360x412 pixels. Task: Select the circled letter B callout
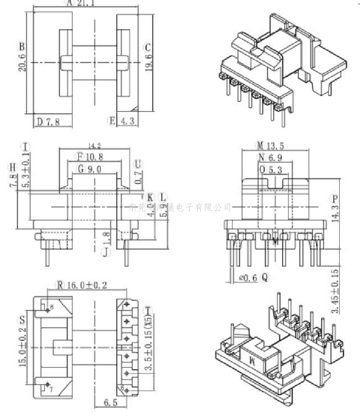pos(21,46)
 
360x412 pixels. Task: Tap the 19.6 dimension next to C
pos(148,62)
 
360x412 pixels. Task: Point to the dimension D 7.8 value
pos(53,122)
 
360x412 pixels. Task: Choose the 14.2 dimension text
pos(95,145)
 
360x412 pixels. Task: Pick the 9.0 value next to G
pos(95,168)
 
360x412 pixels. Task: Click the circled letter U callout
pos(138,164)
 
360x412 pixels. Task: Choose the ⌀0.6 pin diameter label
pos(248,278)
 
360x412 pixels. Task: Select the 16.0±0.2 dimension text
pos(87,285)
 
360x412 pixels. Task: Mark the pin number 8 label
pos(52,307)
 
